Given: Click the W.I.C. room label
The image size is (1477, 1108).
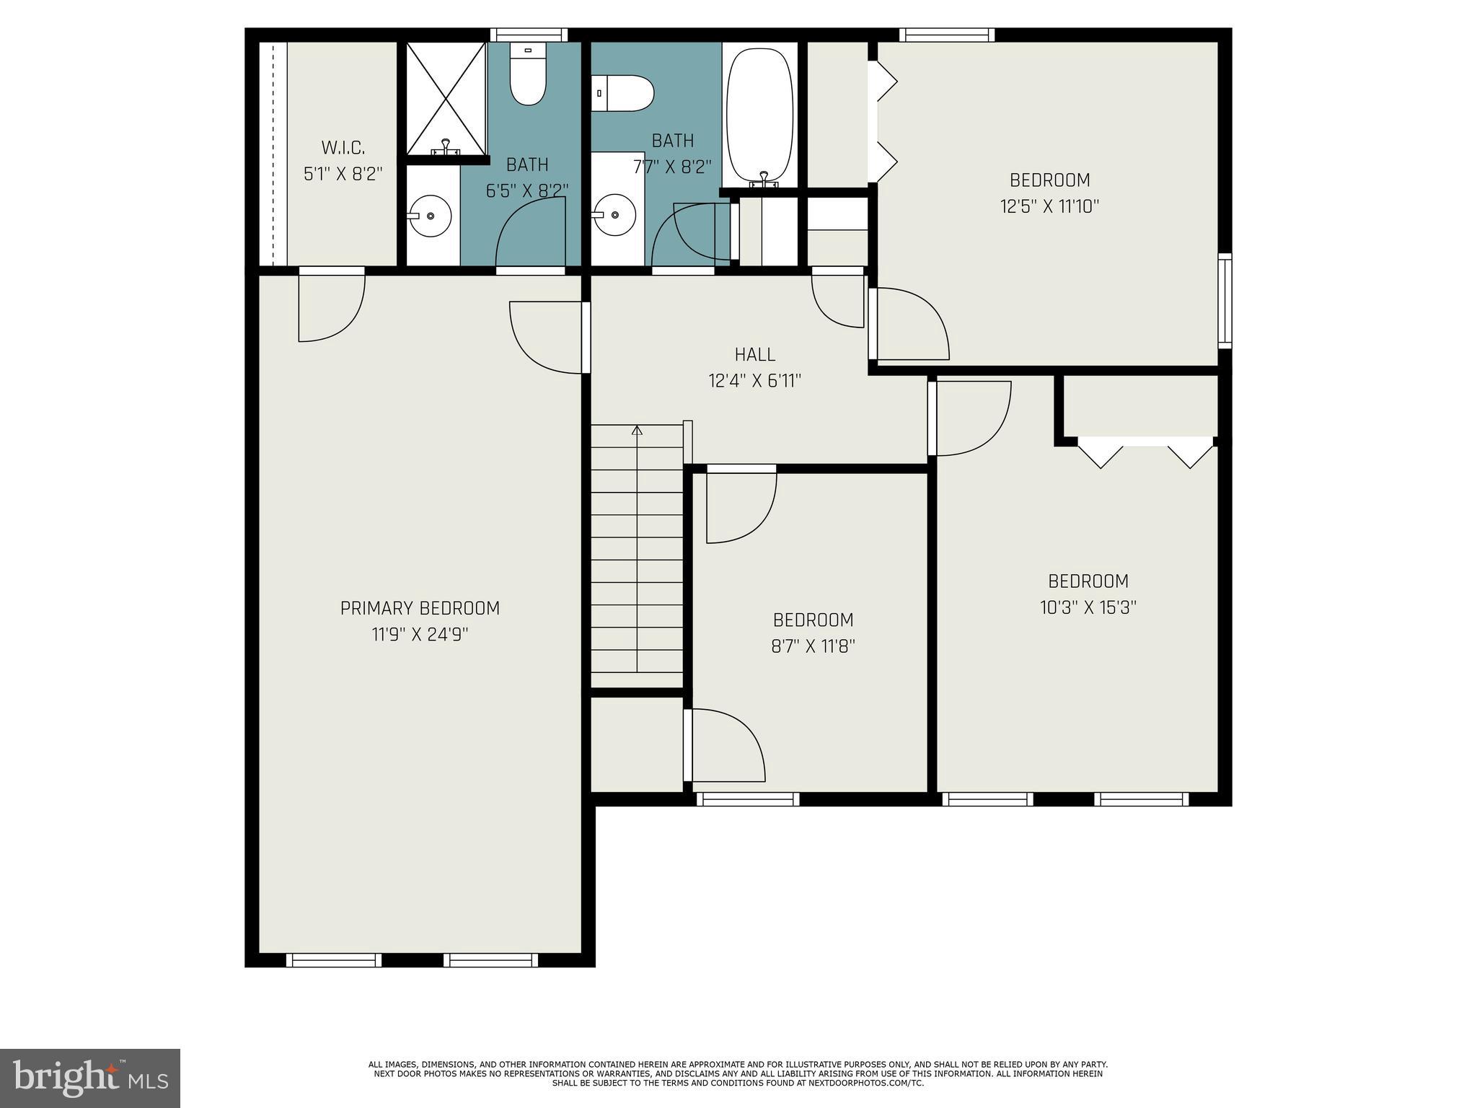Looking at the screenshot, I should tap(343, 148).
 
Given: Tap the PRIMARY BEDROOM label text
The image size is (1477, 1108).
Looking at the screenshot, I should tap(420, 608).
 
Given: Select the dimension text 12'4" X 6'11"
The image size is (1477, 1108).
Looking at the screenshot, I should tap(755, 380).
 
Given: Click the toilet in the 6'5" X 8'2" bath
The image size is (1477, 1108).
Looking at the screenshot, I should tap(528, 76).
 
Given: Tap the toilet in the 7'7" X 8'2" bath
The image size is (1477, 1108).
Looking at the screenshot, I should tap(624, 94).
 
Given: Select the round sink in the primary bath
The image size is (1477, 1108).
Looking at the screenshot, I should tap(431, 216).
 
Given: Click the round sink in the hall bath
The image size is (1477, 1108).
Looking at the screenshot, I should tap(614, 215).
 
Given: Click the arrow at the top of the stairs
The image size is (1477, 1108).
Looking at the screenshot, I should tap(637, 431).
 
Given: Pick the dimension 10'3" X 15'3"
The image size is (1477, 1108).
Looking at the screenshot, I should tap(1088, 607).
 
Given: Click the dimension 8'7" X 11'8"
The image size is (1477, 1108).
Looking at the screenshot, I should tap(813, 646).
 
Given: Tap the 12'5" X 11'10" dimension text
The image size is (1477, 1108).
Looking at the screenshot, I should tap(1049, 207).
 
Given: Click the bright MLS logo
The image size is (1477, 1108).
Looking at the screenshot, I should tap(90, 1078).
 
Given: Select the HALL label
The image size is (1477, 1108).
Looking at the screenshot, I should tap(755, 354).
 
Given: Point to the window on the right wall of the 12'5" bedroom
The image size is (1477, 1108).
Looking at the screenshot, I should tap(1225, 300).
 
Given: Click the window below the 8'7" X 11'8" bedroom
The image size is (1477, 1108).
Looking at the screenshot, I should tap(747, 799).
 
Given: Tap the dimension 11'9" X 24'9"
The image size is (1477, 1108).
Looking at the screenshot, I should tap(420, 635).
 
